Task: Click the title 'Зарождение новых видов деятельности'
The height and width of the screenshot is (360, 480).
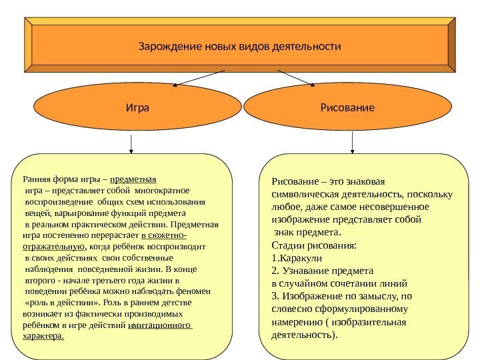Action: [x=239, y=47]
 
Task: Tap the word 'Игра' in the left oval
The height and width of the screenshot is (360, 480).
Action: [x=137, y=107]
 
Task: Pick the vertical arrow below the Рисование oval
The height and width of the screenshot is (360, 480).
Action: [x=352, y=142]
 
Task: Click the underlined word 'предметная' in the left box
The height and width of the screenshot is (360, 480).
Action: [x=133, y=179]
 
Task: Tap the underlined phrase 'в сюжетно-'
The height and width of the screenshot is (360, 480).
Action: [x=164, y=235]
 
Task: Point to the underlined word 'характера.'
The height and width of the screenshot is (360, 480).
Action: [x=43, y=336]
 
